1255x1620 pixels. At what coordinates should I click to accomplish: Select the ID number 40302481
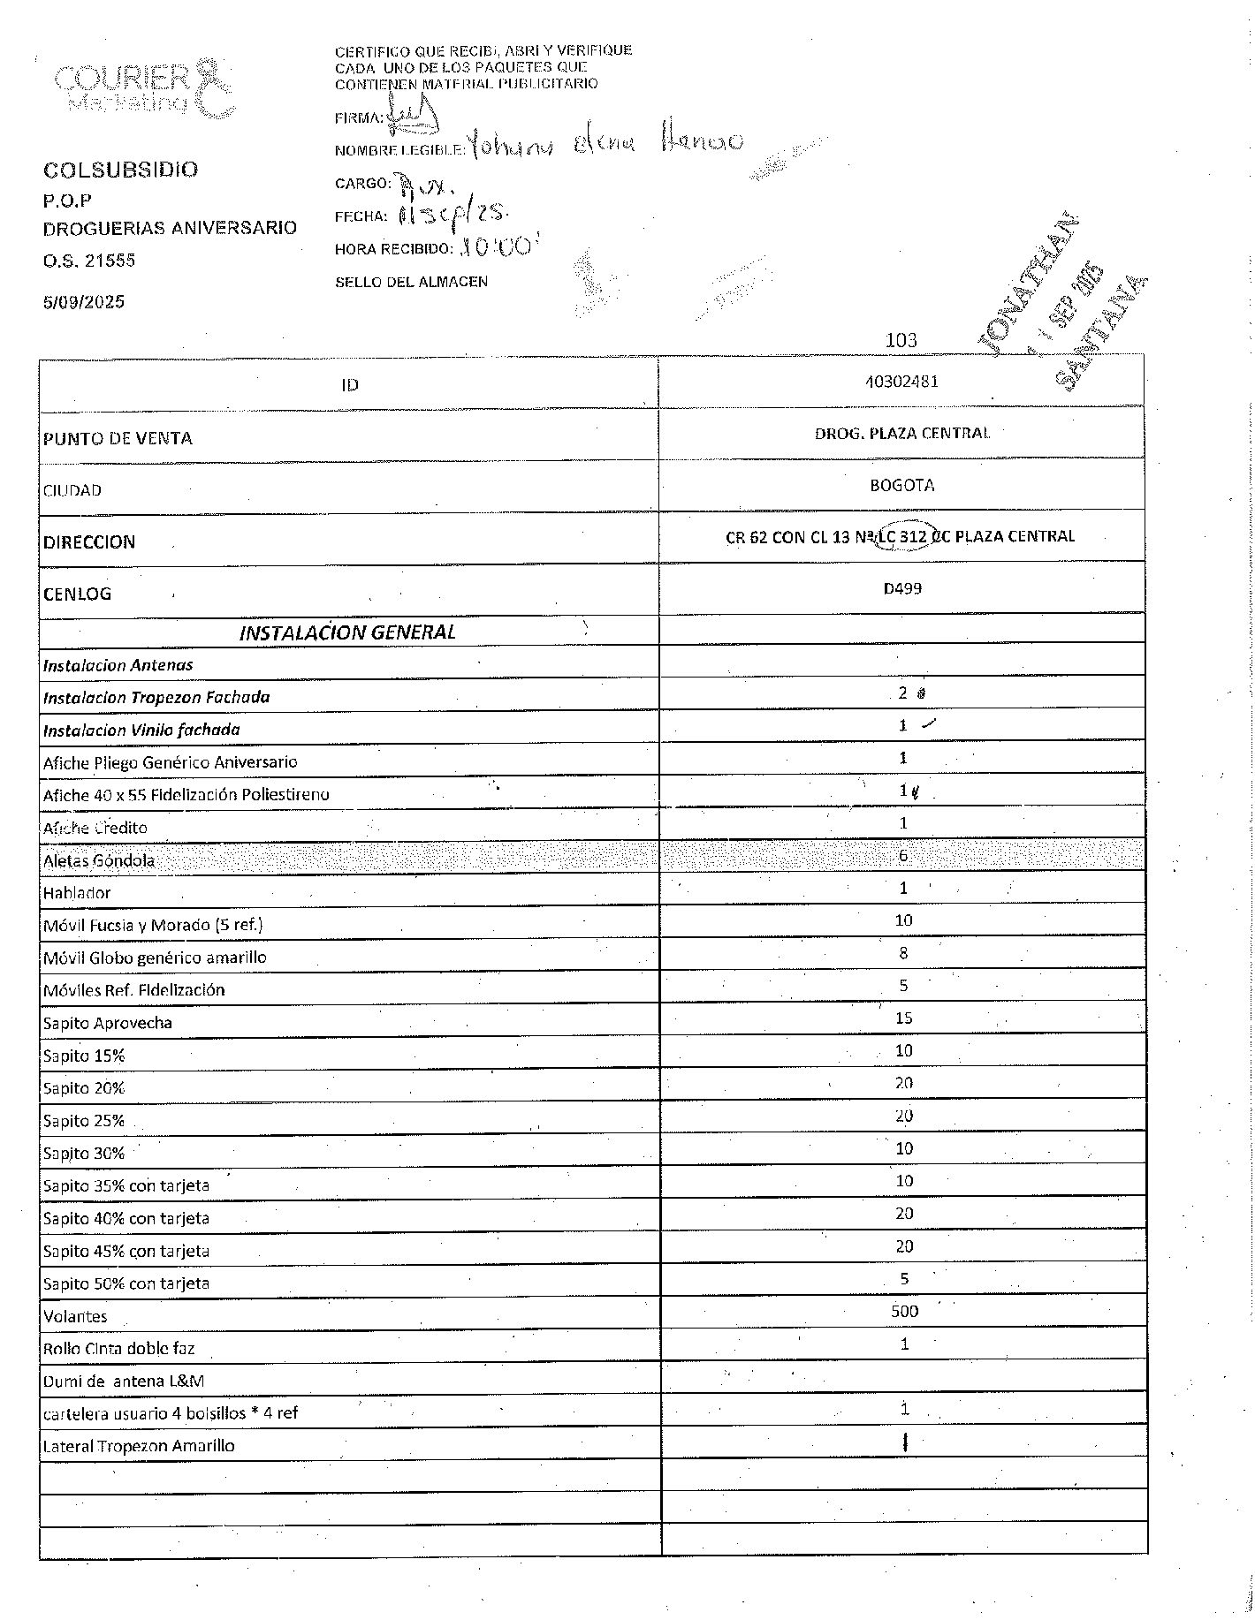901,382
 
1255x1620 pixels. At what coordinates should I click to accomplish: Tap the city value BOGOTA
901,485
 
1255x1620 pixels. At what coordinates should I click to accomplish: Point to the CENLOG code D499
902,588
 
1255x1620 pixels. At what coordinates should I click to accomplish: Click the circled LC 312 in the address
903,536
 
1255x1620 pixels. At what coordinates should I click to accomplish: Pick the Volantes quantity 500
904,1311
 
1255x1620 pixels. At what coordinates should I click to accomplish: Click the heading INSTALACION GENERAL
347,632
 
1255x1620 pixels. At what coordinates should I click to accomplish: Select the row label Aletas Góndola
99,860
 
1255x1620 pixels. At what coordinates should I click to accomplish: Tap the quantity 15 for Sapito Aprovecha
903,1018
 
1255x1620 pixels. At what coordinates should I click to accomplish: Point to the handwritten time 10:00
498,247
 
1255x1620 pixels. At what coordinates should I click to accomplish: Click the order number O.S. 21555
89,261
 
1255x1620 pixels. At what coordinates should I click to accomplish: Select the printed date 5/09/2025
84,302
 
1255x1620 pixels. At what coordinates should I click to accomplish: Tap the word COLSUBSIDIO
121,170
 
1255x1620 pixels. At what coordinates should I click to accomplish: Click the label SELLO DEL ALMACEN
411,282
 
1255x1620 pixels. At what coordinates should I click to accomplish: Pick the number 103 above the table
901,340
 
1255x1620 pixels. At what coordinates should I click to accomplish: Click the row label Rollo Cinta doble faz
118,1349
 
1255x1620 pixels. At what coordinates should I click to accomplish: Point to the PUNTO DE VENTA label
118,438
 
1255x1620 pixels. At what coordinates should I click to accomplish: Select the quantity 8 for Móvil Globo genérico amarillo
903,953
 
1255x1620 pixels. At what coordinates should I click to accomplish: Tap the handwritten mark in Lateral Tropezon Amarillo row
906,1442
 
